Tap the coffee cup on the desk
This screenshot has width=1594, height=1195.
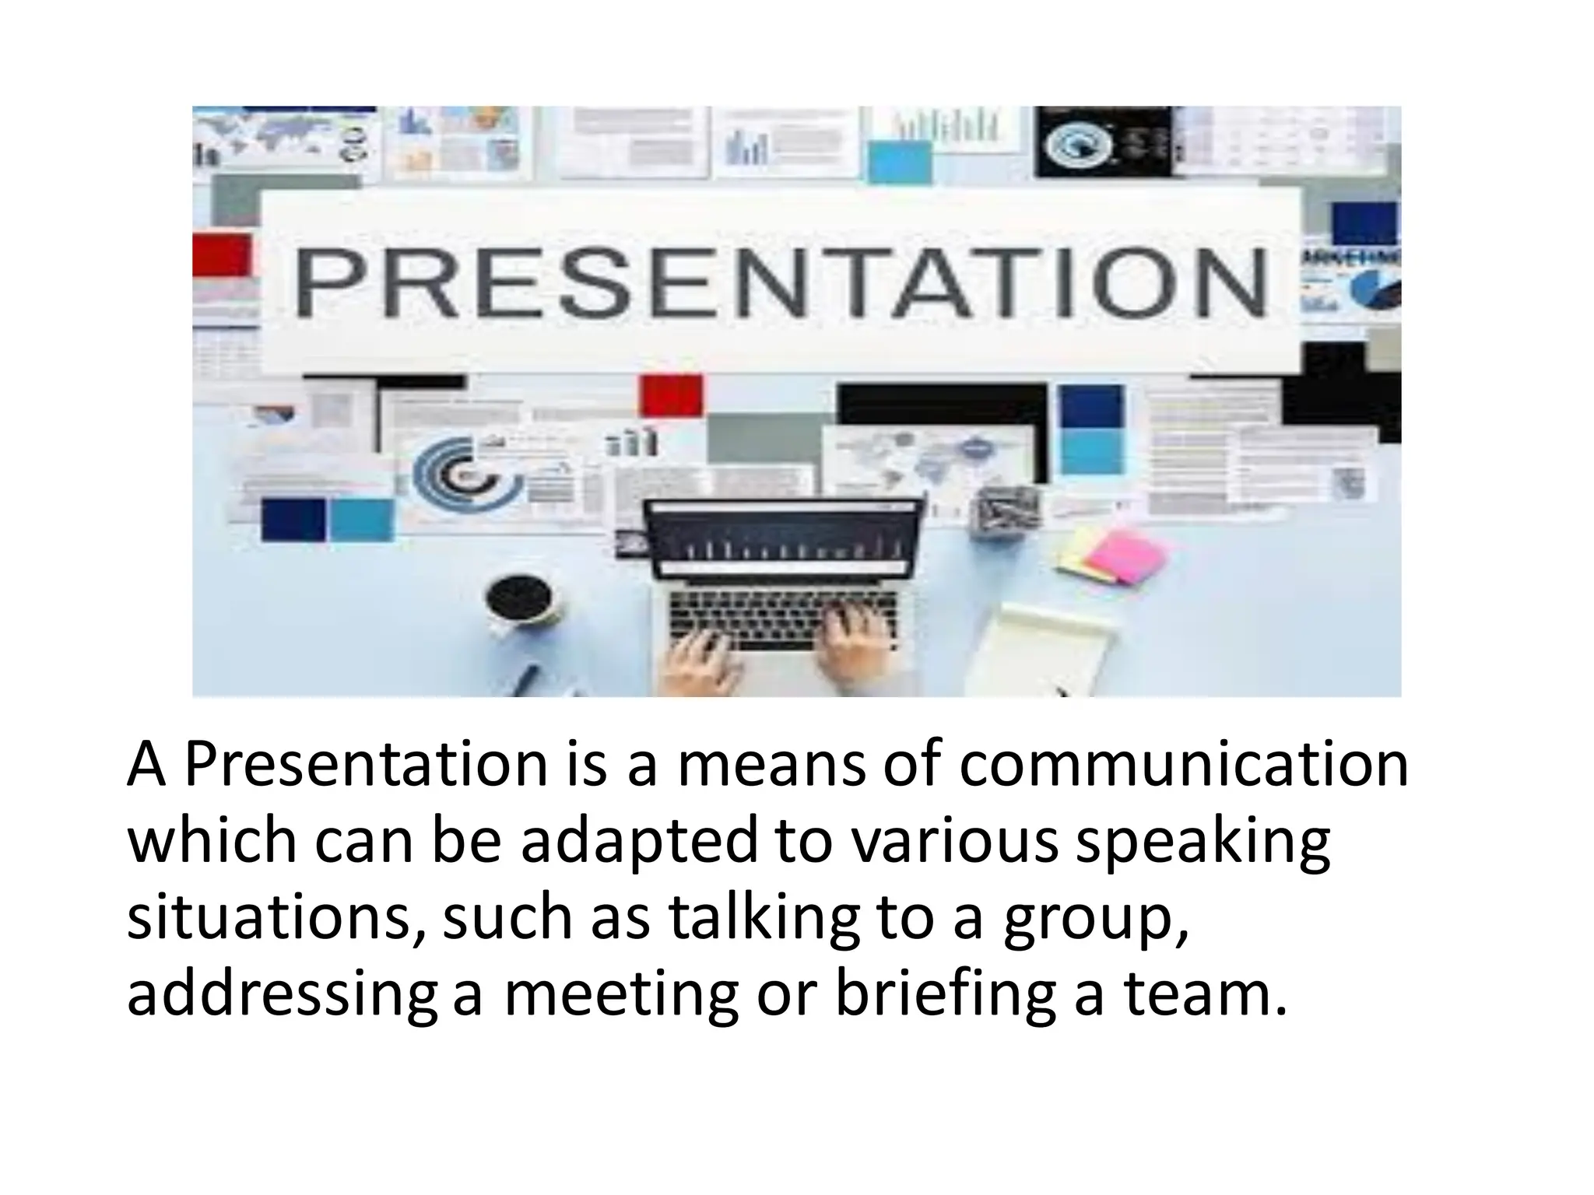(x=520, y=601)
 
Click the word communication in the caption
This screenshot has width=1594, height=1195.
(x=1183, y=765)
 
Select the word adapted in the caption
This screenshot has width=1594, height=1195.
(x=638, y=842)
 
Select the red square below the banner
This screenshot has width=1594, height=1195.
(x=671, y=395)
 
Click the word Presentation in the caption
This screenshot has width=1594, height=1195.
(x=366, y=765)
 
